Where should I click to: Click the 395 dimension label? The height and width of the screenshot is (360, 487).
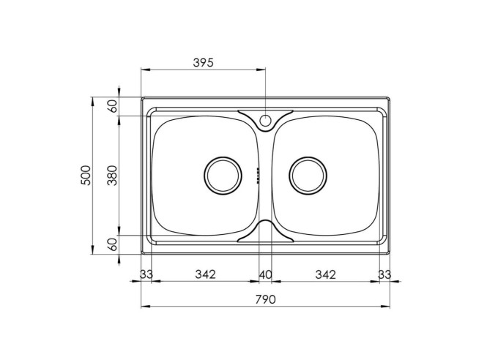pos(204,63)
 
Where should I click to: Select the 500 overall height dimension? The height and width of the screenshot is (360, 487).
pos(86,176)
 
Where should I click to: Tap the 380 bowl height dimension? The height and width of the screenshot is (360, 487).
pos(112,176)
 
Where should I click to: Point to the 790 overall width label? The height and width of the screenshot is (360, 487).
pos(266,299)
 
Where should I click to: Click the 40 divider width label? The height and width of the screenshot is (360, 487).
pos(266,274)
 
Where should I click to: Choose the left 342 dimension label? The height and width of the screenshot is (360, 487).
pos(205,274)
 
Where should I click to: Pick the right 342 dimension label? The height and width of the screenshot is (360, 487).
pos(325,274)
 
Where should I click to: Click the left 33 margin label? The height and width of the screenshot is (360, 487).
pos(146,274)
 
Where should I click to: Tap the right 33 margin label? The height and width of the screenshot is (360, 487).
pos(384,274)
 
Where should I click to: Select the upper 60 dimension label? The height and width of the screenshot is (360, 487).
pos(113,106)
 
